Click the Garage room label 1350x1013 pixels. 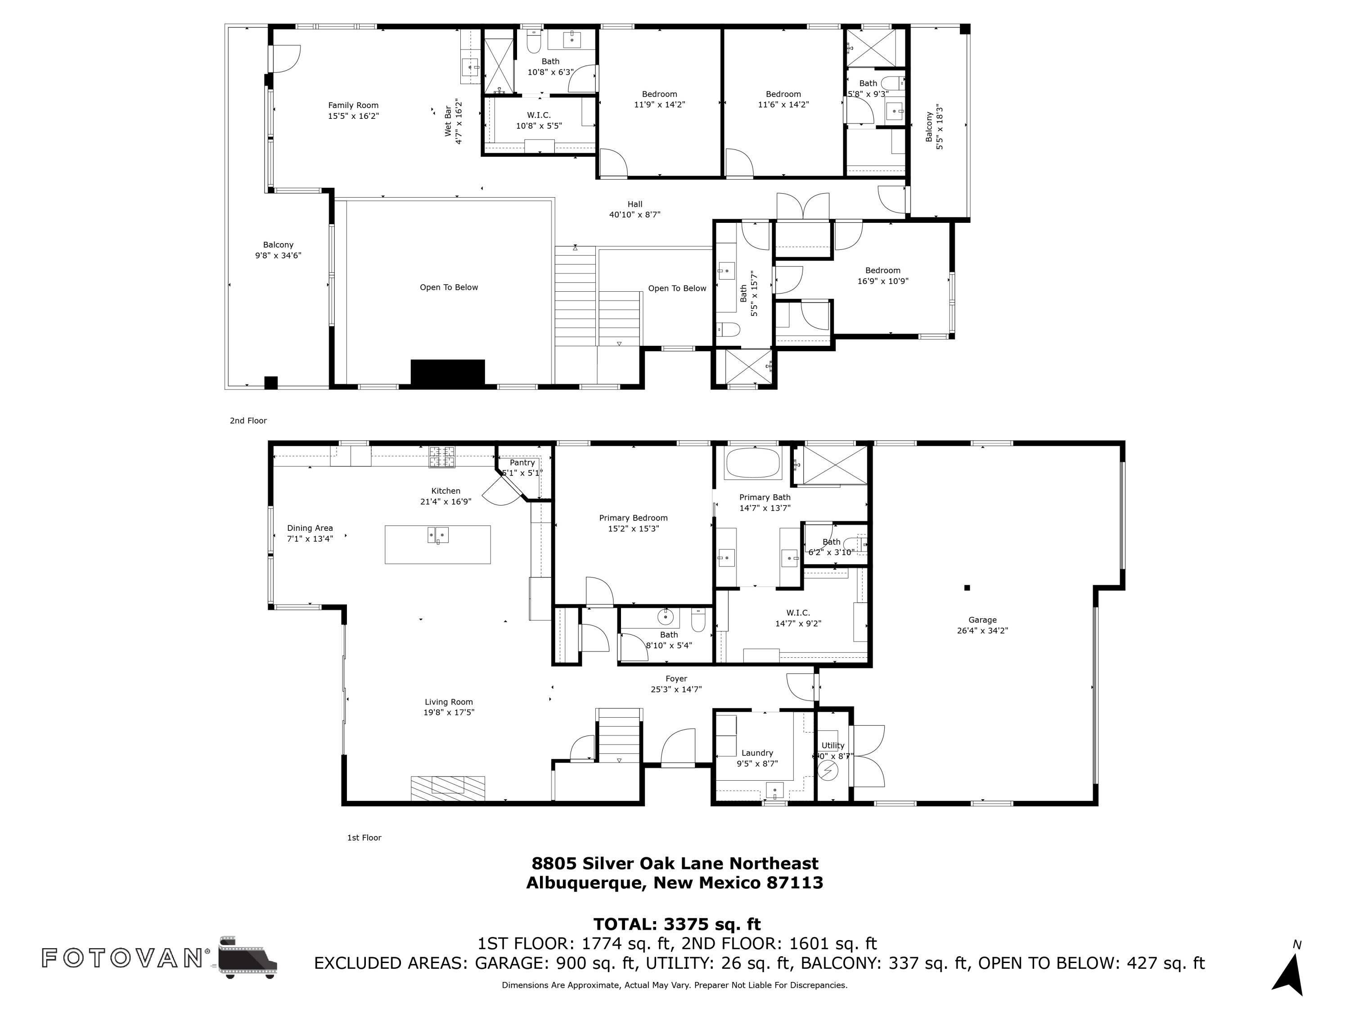[982, 620]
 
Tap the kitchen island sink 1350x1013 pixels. [437, 535]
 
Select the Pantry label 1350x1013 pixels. [522, 463]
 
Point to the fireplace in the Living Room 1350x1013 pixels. [447, 788]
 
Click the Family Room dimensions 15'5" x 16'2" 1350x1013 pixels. [353, 116]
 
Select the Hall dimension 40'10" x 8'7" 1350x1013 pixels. [634, 215]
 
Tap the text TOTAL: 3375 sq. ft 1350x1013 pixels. [677, 924]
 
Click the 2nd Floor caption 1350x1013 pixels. [248, 421]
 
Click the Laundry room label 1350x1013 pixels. [757, 753]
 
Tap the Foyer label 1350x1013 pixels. [676, 678]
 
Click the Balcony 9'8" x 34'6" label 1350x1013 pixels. [278, 250]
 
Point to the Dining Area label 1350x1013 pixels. [310, 528]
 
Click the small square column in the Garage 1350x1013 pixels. [967, 588]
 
